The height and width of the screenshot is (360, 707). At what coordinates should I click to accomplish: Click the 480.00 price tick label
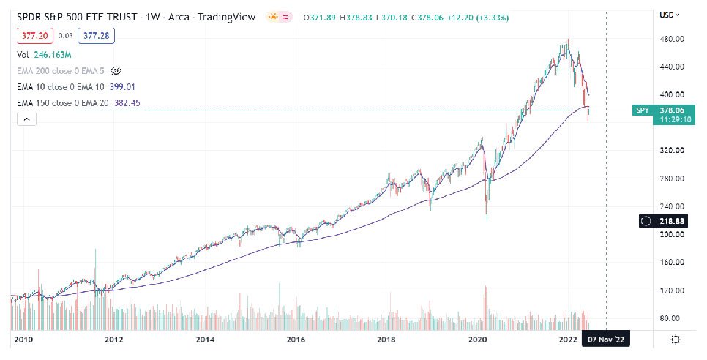pyautogui.click(x=672, y=39)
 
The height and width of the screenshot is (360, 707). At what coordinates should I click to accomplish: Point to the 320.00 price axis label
pyautogui.click(x=672, y=151)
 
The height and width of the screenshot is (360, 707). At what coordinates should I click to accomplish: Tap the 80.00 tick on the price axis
pyautogui.click(x=672, y=318)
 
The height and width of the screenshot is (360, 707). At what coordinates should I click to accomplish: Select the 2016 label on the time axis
pyautogui.click(x=295, y=340)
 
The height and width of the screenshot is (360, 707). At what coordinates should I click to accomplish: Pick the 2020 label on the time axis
pyautogui.click(x=477, y=340)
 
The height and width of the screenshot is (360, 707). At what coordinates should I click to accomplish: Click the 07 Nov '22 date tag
pyautogui.click(x=605, y=340)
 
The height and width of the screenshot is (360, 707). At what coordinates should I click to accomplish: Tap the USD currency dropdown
pyautogui.click(x=669, y=15)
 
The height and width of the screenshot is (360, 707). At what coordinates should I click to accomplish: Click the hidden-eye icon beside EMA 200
pyautogui.click(x=116, y=70)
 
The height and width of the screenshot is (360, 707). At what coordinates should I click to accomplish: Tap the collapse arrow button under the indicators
pyautogui.click(x=26, y=119)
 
